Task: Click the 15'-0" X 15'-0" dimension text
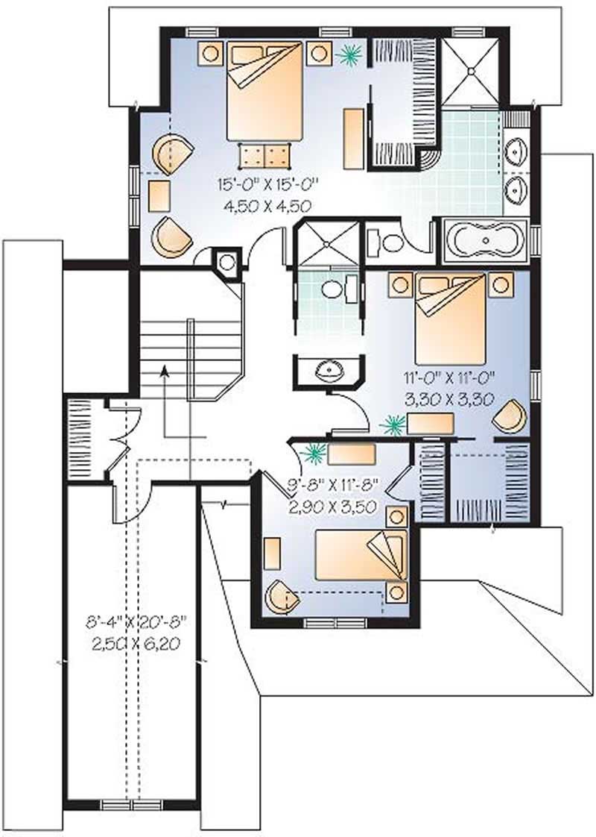[273, 184]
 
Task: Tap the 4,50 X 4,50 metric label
[273, 204]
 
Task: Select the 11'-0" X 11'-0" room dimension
[449, 378]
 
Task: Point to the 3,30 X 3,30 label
[449, 398]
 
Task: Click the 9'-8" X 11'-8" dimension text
[335, 485]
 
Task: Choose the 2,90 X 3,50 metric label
[335, 504]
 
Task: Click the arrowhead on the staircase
[165, 371]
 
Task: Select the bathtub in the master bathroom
[485, 241]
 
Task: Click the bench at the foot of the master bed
[264, 156]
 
